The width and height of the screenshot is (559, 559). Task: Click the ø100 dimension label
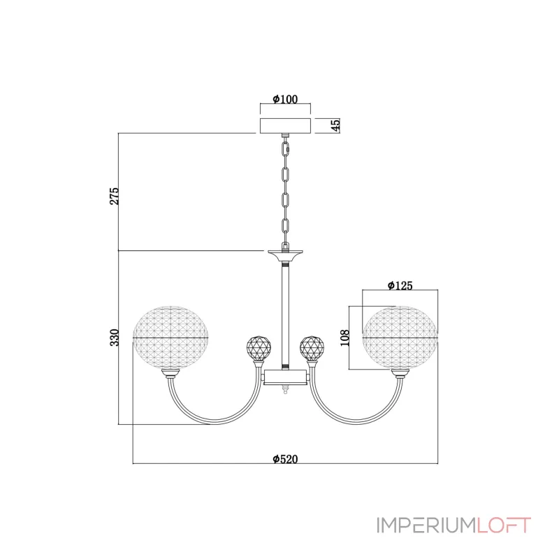285,99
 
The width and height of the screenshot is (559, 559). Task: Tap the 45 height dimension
335,125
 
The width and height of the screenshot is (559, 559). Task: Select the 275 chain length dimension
114,196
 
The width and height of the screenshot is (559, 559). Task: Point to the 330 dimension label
114,337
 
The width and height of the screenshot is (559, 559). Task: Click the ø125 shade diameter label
400,286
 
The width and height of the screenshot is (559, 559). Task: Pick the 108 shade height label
344,337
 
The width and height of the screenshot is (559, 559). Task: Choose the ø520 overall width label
285,459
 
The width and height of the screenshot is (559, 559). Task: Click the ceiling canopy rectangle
285,125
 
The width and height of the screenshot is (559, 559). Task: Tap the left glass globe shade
170,337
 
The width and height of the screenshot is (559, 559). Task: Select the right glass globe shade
400,337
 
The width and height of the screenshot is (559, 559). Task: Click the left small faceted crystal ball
259,347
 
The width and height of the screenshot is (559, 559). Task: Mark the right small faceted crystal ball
312,347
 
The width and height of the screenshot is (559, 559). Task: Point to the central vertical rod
285,316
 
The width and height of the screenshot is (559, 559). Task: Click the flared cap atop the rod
285,255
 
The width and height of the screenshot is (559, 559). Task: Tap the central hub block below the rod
285,377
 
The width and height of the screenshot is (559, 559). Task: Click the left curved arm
214,422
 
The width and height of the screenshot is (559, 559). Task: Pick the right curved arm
356,422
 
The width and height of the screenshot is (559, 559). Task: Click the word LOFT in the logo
504,525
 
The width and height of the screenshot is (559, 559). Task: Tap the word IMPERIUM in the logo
426,525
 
